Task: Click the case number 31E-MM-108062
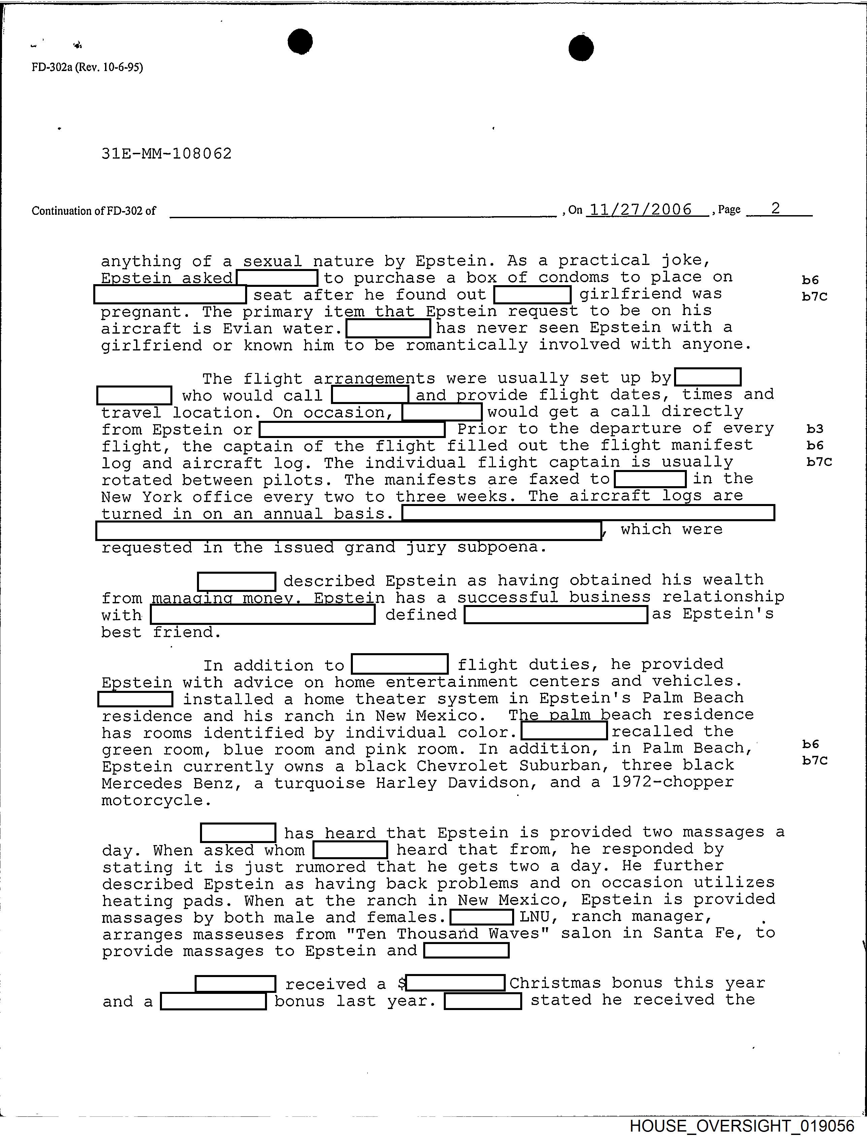point(167,154)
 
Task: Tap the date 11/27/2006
point(640,209)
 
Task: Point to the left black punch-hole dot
point(300,41)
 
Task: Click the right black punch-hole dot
point(581,48)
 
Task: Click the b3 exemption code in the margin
point(815,429)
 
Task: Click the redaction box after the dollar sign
point(456,983)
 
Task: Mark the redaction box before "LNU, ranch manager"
point(481,917)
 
